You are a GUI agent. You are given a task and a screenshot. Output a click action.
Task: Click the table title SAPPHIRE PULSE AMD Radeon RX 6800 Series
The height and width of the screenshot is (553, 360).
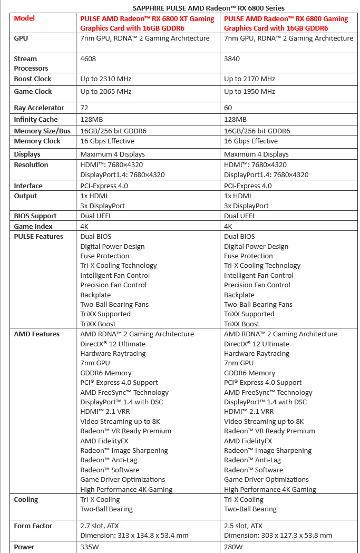click(209, 8)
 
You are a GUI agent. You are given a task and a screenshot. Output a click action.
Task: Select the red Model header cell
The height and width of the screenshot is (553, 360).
click(25, 18)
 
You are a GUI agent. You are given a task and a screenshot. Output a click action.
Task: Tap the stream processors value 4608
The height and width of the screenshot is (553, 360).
click(88, 59)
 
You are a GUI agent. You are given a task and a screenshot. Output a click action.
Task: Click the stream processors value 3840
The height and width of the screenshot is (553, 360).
click(232, 59)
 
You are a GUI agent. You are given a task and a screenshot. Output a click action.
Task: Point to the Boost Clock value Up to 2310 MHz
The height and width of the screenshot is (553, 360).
click(105, 79)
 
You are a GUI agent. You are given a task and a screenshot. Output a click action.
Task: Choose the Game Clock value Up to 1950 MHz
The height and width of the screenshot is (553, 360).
click(249, 92)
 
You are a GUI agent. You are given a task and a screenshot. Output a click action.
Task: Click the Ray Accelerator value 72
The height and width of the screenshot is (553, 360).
click(84, 108)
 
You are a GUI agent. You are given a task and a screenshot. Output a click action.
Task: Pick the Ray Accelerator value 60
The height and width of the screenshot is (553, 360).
click(228, 108)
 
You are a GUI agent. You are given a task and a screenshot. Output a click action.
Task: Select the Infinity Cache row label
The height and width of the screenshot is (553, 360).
click(36, 120)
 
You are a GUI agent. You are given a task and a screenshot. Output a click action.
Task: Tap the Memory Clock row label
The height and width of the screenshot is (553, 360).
click(37, 141)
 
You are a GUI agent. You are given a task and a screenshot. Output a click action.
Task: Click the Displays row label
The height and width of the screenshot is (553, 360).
click(27, 154)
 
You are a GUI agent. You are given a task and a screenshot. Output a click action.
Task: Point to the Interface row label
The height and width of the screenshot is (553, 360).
click(28, 186)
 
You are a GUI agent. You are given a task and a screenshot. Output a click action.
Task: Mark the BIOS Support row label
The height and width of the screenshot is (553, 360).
click(35, 216)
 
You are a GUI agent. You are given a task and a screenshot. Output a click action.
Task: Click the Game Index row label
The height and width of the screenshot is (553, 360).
click(33, 226)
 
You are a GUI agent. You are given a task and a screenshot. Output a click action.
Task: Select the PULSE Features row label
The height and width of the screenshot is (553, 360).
click(38, 237)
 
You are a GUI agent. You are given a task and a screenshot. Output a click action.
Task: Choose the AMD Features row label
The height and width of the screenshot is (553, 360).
click(36, 334)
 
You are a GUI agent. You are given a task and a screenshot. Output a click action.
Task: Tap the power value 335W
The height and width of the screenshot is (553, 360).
click(90, 547)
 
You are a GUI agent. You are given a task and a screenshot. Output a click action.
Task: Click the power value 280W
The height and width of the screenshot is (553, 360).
click(233, 547)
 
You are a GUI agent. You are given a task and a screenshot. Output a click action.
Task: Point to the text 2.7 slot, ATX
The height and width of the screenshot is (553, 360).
click(104, 526)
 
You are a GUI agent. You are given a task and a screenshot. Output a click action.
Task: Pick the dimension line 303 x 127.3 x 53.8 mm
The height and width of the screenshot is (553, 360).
click(278, 536)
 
